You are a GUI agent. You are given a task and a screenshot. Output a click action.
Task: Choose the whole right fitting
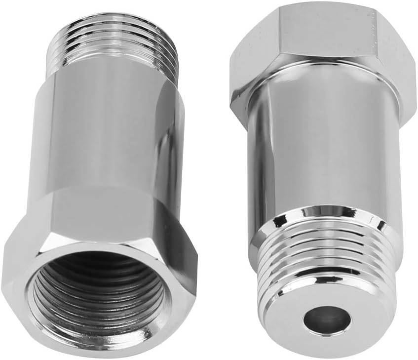(321, 173)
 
